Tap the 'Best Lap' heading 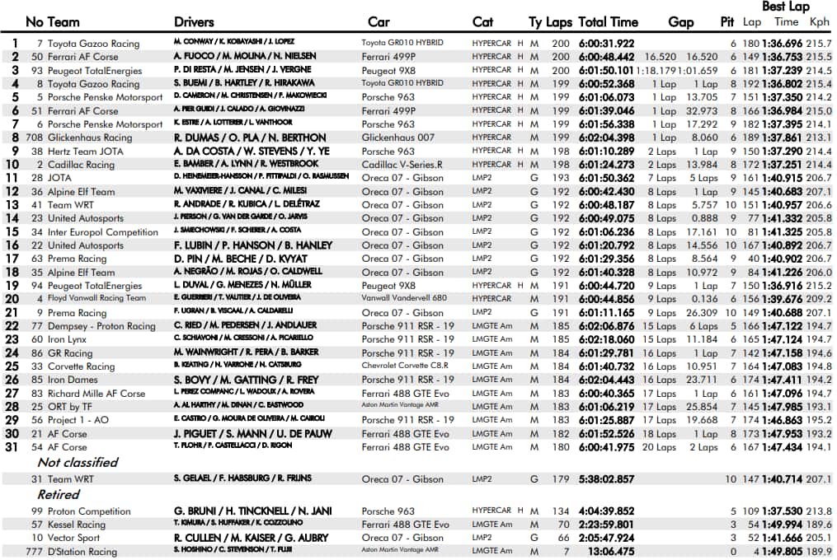(785, 7)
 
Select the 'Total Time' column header (608, 22)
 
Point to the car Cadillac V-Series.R (402, 165)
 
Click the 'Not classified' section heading (78, 463)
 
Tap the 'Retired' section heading (58, 495)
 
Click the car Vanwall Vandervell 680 (404, 298)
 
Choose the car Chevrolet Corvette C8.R (404, 366)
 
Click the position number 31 (12, 447)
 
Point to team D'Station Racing (82, 552)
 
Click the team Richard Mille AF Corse (96, 394)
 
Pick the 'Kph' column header (819, 22)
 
